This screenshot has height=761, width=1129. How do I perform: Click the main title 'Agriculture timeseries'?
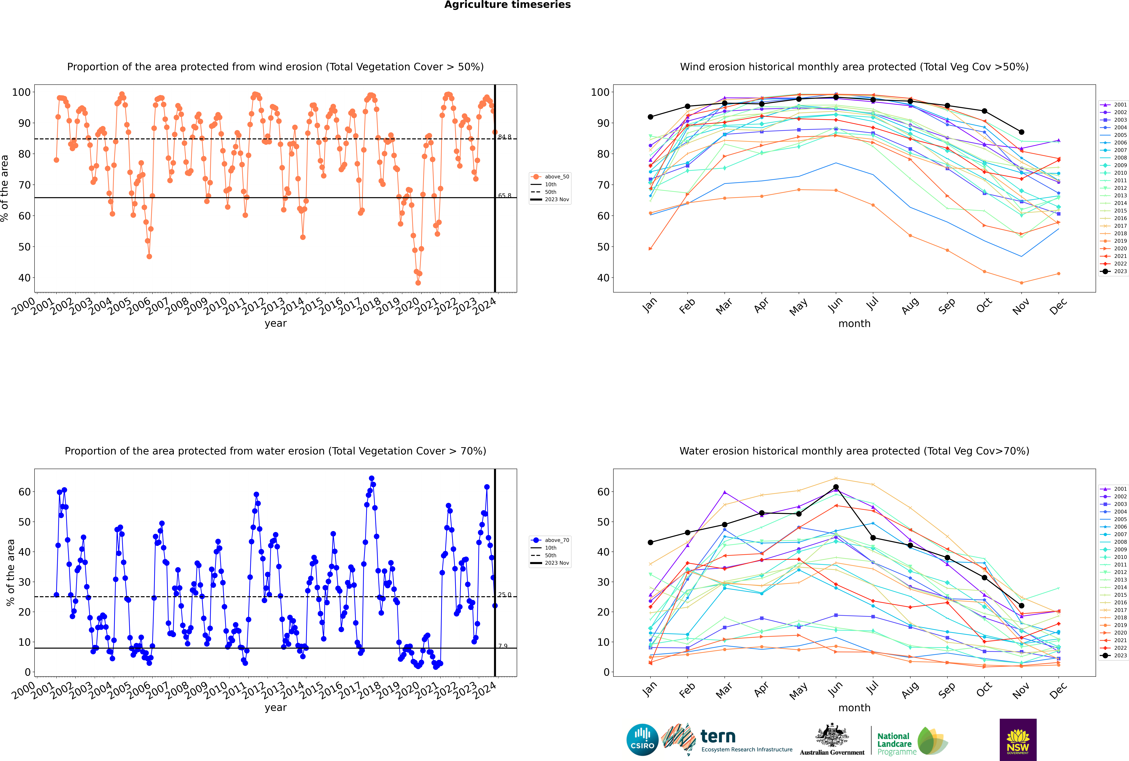point(507,5)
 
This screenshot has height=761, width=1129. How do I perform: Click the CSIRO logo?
point(642,740)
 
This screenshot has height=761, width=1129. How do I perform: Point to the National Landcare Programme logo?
point(912,741)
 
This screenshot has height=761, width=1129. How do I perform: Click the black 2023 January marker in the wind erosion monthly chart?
point(650,117)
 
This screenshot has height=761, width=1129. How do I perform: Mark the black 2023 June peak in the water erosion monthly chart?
point(836,487)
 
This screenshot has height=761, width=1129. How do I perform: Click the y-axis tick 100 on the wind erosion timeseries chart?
point(21,92)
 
